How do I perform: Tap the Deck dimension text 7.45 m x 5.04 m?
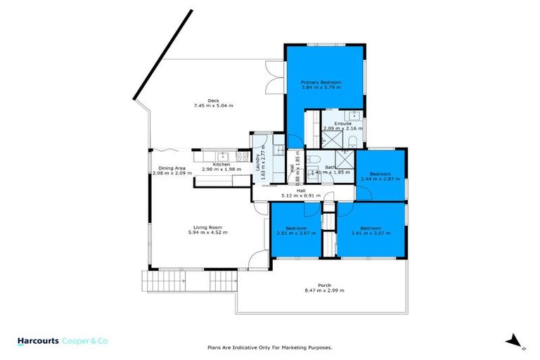tap(213, 105)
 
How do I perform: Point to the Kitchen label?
tap(221, 165)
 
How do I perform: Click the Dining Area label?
tap(172, 168)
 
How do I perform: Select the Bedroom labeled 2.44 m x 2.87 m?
tap(380, 174)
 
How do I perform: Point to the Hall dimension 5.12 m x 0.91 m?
tap(300, 195)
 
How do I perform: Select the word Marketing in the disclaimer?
tap(299, 347)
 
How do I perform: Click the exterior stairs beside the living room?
tap(153, 282)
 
